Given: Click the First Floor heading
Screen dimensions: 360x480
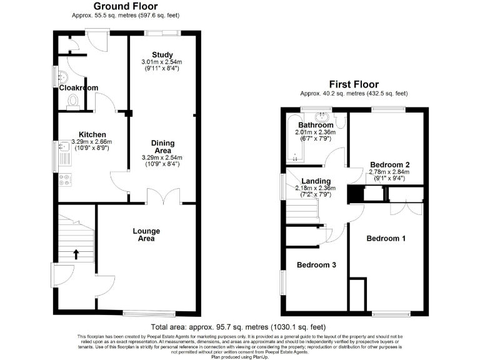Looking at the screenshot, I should coord(354,84).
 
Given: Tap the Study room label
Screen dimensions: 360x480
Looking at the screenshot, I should coord(162,55).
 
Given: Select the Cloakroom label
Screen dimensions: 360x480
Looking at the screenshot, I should coord(78,88).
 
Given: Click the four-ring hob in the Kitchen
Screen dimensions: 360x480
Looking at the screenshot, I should coord(64,181).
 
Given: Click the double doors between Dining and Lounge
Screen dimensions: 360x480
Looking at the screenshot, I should coord(164,196).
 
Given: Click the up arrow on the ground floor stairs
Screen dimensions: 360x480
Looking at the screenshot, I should coord(76,254).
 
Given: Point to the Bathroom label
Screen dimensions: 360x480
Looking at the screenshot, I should coord(316,125).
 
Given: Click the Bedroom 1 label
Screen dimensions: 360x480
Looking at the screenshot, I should coord(386,238).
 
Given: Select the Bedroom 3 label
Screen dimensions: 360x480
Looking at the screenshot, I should coord(316,265).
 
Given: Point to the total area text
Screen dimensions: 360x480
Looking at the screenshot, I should coord(238,327).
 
